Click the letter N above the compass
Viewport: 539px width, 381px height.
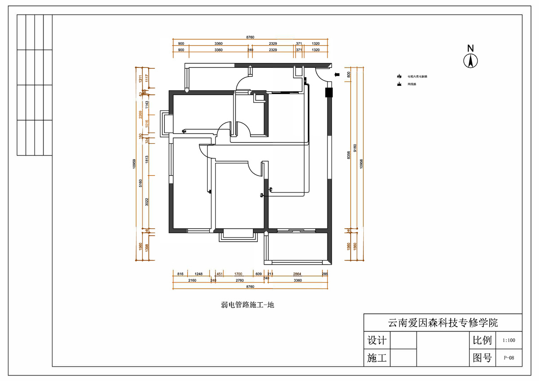coord(470,48)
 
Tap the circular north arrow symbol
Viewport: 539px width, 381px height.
coord(470,61)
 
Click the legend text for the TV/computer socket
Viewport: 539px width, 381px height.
coord(417,77)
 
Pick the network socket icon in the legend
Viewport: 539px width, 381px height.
coord(398,84)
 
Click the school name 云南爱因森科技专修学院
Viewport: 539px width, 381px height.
coord(442,323)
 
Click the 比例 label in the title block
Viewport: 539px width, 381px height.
coord(482,340)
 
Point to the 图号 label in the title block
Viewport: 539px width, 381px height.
coord(482,358)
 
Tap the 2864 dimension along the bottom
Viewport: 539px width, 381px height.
coord(297,273)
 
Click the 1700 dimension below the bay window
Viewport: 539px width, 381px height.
coord(239,273)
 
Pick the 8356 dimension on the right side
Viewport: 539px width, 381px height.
coord(349,155)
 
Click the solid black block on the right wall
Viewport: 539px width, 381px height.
coord(328,92)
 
